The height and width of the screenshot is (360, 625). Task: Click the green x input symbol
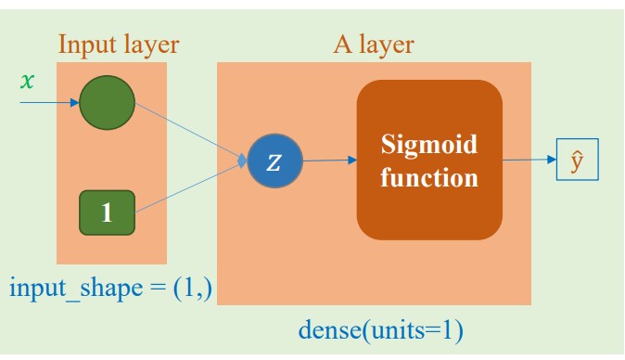click(x=27, y=80)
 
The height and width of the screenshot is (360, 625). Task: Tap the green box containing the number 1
click(x=107, y=212)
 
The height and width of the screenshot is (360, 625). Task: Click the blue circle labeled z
click(x=274, y=161)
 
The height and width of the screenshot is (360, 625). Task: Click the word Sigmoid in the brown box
click(x=429, y=145)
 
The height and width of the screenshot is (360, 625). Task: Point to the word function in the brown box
click(x=429, y=176)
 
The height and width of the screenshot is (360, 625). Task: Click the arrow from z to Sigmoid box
click(x=329, y=161)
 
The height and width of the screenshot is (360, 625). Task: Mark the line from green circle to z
click(x=190, y=131)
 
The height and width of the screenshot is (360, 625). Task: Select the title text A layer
click(x=374, y=44)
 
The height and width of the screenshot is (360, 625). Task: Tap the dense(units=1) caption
click(x=380, y=329)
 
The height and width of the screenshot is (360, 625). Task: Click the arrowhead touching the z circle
click(x=244, y=161)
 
